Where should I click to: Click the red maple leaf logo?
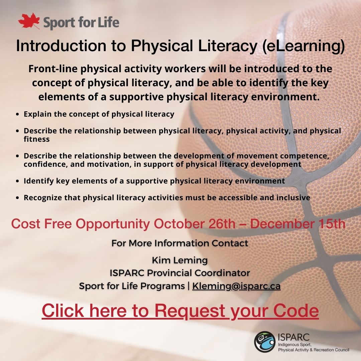[29, 21]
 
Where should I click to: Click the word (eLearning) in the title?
[304, 46]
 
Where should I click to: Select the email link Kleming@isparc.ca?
[236, 286]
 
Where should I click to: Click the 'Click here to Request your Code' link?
[180, 311]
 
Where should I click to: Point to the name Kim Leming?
[180, 260]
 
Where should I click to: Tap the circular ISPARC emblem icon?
[264, 342]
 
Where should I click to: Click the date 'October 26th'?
[195, 224]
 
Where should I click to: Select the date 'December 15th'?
[298, 224]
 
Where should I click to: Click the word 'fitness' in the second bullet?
[37, 139]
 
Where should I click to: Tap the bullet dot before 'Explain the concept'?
[17, 114]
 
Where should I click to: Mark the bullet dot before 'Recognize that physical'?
[17, 198]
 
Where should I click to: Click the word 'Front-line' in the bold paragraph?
[53, 69]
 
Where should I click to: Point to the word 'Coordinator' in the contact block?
[222, 273]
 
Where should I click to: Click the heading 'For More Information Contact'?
[180, 243]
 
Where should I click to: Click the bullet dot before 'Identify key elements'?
[17, 181]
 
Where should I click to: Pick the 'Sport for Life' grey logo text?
[81, 22]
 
